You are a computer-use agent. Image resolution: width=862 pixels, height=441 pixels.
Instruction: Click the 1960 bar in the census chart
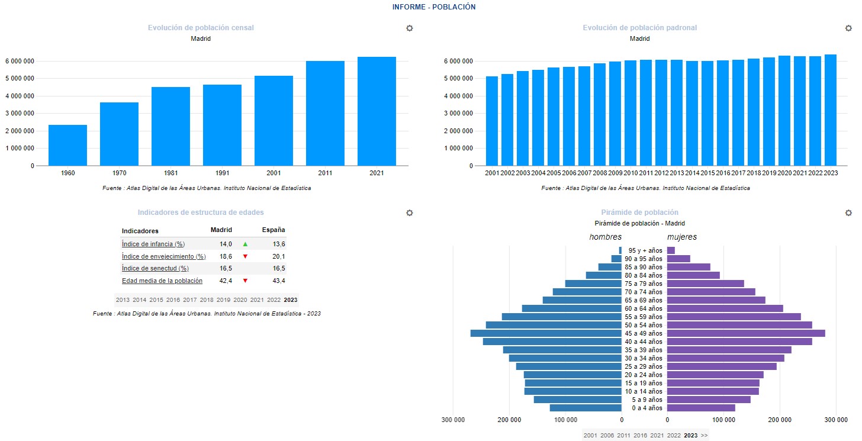[x=67, y=145]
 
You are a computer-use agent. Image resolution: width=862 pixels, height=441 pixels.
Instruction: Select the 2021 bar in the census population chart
[x=377, y=111]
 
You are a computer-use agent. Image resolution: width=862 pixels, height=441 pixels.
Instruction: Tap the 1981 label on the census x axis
[x=171, y=173]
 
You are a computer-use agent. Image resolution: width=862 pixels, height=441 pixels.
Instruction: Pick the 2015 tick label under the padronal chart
[x=707, y=173]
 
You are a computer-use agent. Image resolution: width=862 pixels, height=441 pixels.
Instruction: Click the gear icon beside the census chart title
[x=409, y=28]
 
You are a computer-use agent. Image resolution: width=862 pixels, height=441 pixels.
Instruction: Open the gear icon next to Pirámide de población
[x=848, y=213]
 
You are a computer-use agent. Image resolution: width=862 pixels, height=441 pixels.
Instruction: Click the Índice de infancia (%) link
[x=153, y=244]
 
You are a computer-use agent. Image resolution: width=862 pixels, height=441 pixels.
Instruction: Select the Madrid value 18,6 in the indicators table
[x=225, y=256]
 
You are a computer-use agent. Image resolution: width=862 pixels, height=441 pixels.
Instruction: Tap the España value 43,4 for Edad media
[x=278, y=281]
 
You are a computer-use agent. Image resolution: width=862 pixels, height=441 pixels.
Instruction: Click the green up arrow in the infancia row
[x=245, y=244]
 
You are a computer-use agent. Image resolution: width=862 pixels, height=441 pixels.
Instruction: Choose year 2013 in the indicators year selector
[x=123, y=300]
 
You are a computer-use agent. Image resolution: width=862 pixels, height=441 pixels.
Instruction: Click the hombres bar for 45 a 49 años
[x=546, y=333]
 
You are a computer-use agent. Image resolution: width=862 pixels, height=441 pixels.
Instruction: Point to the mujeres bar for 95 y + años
[x=671, y=250]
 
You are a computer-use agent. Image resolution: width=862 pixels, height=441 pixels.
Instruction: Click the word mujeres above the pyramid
[x=682, y=237]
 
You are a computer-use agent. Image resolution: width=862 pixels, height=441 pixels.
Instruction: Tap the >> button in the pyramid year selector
[x=704, y=435]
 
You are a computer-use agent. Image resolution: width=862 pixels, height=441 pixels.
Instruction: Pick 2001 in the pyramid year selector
[x=590, y=435]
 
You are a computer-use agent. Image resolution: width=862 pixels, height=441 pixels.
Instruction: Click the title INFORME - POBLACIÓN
[x=434, y=7]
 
